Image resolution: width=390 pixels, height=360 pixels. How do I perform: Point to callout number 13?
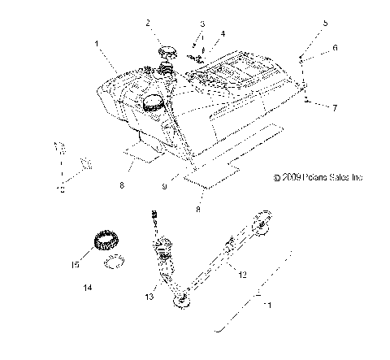pos(149,297)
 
